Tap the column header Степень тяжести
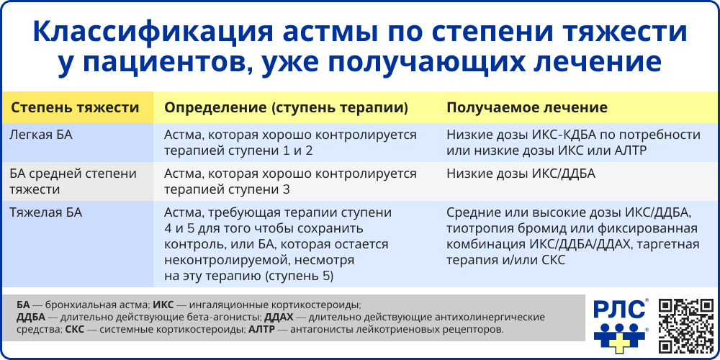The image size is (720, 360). click(74, 107)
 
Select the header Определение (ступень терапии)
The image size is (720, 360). click(287, 107)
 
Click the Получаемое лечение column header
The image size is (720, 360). click(527, 107)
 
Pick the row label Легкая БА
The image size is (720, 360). click(41, 135)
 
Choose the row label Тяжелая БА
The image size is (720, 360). click(45, 212)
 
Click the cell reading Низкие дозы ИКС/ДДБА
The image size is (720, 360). click(521, 174)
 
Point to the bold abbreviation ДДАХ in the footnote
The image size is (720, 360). click(280, 317)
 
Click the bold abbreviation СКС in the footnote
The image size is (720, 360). click(75, 330)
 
